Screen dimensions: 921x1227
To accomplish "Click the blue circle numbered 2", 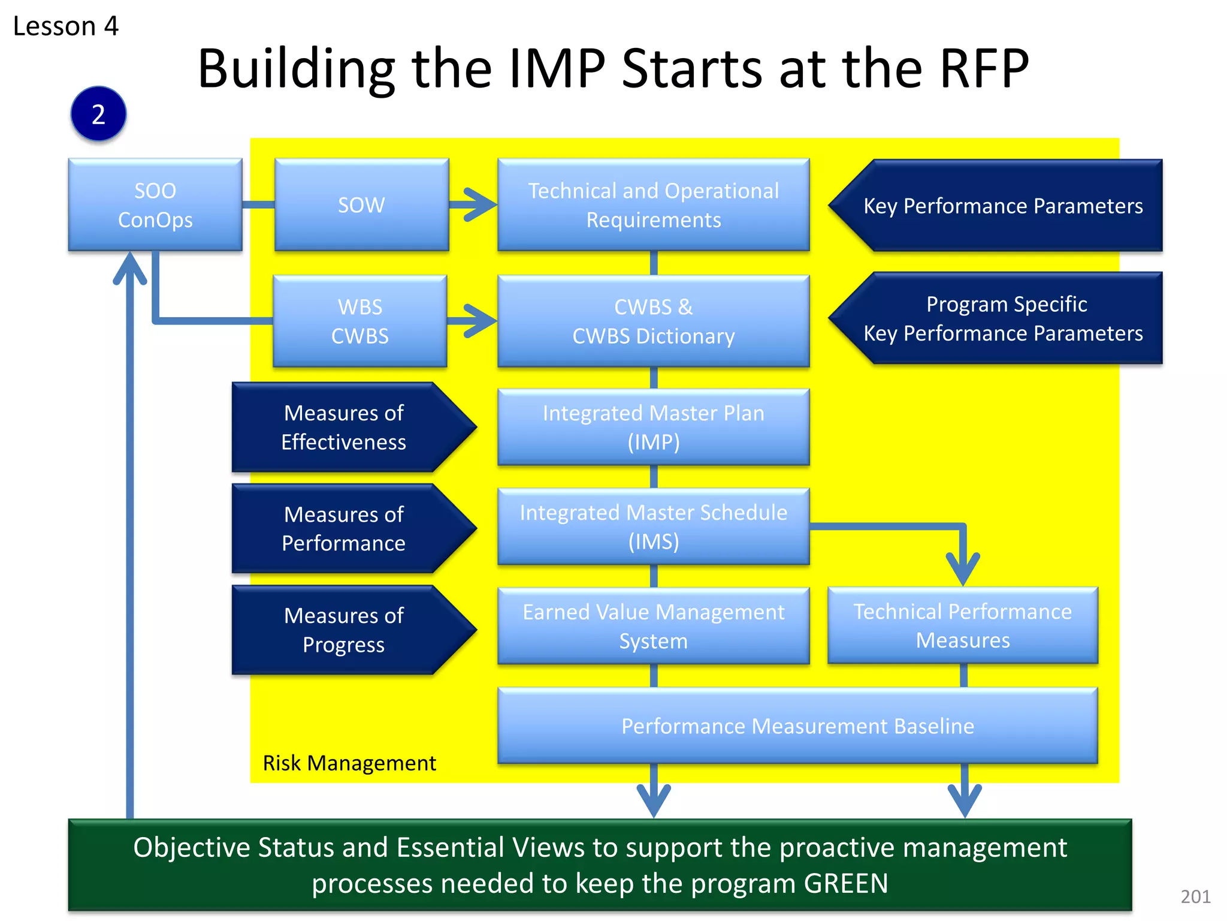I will (x=98, y=114).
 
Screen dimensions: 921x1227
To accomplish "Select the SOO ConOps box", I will (x=155, y=204).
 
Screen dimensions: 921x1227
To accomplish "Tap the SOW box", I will (x=361, y=204).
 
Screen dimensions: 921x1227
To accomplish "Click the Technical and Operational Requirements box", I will (x=653, y=204).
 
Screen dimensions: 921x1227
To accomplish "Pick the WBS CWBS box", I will (x=359, y=321).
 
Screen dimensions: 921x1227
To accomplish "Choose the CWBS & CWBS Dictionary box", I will (x=653, y=321).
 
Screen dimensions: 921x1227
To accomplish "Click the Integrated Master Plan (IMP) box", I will (x=653, y=427).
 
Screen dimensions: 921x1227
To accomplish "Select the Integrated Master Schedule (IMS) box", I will (x=653, y=526).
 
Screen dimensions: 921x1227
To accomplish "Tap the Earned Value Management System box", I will (x=653, y=626).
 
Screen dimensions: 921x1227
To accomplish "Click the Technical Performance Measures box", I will (x=962, y=625).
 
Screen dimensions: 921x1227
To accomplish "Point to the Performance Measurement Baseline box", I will (x=797, y=726).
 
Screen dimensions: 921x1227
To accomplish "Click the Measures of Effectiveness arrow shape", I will (x=344, y=427).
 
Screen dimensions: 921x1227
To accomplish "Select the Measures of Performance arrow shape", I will (x=344, y=528).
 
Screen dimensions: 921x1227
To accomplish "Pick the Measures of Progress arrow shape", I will (x=344, y=630).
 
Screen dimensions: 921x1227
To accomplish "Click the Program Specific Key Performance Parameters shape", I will (x=1004, y=318).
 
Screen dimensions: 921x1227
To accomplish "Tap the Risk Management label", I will (x=349, y=763).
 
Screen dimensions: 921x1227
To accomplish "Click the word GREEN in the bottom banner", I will (x=846, y=883).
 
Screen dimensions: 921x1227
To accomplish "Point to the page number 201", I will (x=1195, y=896).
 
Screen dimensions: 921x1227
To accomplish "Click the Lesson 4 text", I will (x=66, y=26).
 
